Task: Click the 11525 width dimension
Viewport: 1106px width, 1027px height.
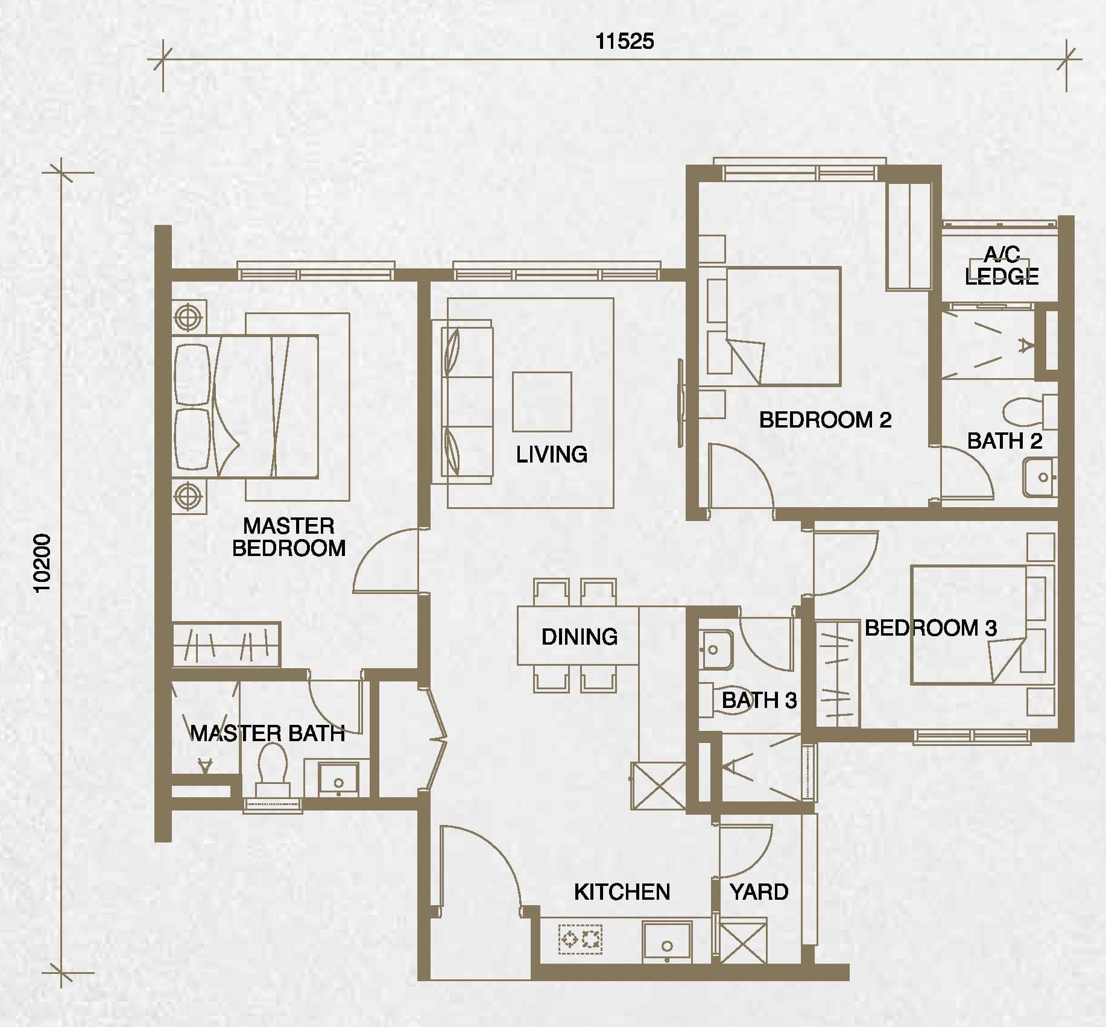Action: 625,41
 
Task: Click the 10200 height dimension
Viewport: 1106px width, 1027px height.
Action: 42,563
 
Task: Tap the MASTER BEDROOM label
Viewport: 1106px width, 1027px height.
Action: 289,537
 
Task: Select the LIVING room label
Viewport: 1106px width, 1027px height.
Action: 552,454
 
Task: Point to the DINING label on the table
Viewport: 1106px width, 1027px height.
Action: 580,637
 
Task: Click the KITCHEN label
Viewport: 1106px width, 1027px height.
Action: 622,892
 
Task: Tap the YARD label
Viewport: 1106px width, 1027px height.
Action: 759,892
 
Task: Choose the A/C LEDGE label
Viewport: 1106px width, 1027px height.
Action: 1002,265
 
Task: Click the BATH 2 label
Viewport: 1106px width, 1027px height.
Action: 1005,441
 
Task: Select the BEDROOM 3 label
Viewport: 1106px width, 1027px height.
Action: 931,628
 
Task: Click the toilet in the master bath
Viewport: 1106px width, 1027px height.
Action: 272,769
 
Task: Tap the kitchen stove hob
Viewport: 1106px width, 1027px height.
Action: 581,939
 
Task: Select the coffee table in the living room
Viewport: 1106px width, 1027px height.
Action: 542,402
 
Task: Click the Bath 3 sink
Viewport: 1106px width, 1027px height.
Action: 716,649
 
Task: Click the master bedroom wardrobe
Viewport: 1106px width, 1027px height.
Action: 226,645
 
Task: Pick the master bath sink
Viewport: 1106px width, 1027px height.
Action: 338,779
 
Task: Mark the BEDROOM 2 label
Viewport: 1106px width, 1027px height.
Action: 825,420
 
